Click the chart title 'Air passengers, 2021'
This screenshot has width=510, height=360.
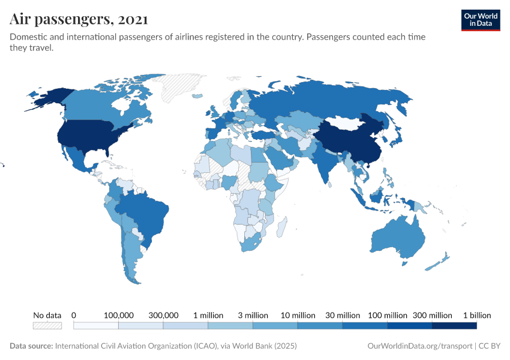point(79,19)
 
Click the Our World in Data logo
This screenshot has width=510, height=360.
point(480,19)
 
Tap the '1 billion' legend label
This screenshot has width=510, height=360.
point(476,315)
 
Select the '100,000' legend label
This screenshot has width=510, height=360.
point(119,315)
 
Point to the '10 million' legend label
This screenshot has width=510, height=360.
point(298,315)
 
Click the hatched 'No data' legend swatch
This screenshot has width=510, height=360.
point(47,325)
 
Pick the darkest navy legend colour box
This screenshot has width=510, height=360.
point(454,325)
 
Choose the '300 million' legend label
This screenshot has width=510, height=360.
point(433,315)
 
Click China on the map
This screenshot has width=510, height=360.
point(351,141)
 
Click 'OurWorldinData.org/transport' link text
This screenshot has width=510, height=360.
point(418,346)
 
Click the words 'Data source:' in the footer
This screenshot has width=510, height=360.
point(31,346)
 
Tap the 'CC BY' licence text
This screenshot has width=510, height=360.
point(489,346)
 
